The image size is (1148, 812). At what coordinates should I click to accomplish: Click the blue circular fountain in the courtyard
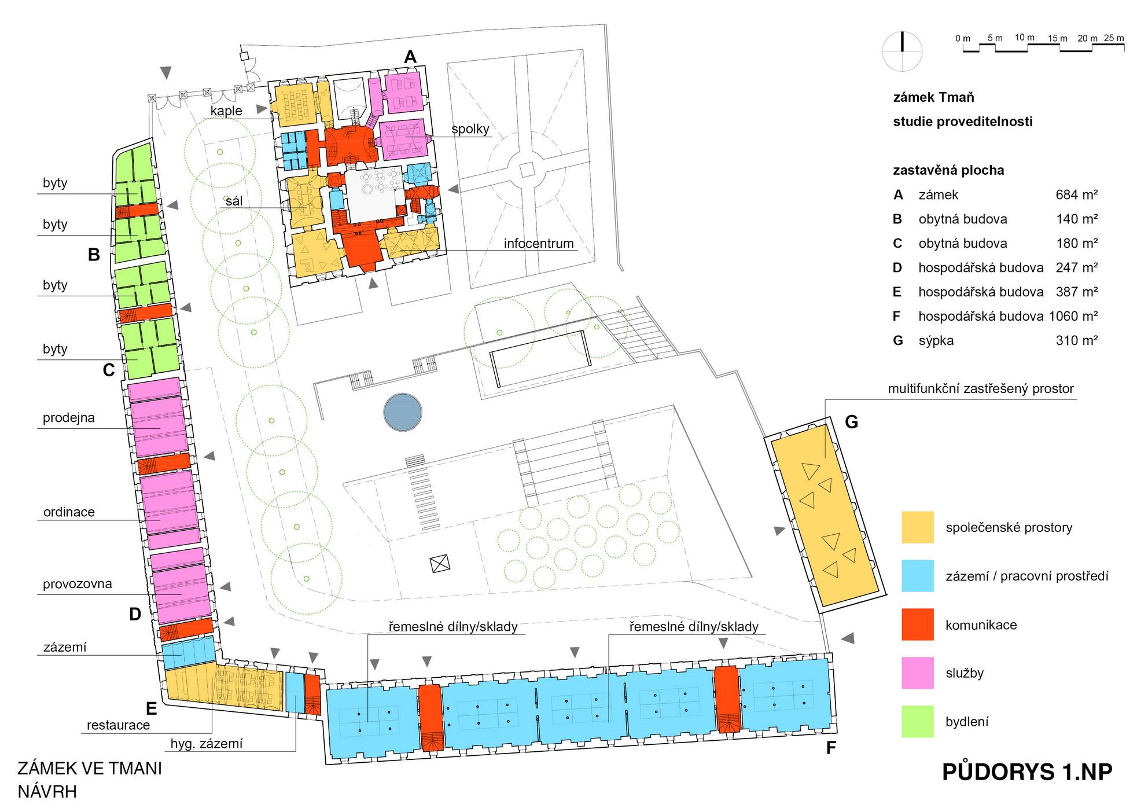point(403,412)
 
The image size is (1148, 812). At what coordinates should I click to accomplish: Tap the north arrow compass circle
point(902,51)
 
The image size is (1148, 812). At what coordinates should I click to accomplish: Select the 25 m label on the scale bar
point(1114,38)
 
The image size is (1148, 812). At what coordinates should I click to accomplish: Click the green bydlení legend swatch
point(918,721)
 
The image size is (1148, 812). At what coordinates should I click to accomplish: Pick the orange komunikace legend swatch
point(918,624)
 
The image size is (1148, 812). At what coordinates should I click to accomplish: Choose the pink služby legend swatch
point(918,673)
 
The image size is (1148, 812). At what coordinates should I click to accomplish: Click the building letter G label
point(851,422)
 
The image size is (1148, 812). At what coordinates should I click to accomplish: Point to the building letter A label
point(410,57)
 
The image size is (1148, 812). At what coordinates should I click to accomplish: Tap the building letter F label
point(831,748)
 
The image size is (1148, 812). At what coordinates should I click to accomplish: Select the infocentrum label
point(539,244)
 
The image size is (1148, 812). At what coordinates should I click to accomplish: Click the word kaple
point(226,111)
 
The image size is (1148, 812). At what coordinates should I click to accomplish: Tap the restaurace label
point(118,725)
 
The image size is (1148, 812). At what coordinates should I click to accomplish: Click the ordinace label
point(69,512)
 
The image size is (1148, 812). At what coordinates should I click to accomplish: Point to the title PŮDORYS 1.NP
point(1027,772)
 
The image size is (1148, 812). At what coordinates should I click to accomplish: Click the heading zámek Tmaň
point(934,97)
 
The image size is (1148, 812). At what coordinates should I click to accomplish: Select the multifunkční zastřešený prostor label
point(981,389)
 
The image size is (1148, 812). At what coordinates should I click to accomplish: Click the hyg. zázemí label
point(207,744)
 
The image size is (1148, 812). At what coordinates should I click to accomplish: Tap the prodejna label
point(69,418)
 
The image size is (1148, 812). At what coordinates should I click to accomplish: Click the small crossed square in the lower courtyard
point(440,563)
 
